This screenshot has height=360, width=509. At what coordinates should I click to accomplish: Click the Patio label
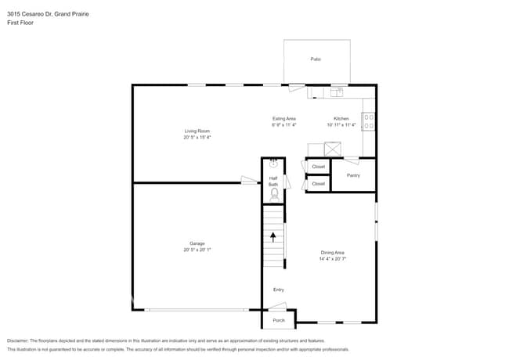pos(316,59)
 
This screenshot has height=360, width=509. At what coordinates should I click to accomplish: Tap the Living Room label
pos(197,131)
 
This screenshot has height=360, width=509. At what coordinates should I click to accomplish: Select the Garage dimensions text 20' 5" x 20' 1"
pos(197,250)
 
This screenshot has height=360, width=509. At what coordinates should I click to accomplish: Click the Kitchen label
pos(341,119)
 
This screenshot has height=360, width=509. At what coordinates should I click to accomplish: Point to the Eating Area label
pos(283,119)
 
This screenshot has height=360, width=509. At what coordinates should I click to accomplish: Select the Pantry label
pos(354,175)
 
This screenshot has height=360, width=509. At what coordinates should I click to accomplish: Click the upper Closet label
pos(318,167)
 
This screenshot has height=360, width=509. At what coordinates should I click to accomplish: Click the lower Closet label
pos(318,184)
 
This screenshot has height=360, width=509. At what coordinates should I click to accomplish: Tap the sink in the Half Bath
pos(273,164)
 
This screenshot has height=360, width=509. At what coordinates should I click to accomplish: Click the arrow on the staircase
pos(273,236)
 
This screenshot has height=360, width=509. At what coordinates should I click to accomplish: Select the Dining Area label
pos(333,253)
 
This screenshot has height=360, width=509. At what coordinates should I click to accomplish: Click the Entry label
pos(278,290)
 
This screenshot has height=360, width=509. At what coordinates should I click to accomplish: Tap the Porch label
pos(278,320)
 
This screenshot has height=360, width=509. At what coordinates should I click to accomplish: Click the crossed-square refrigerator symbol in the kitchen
pos(334,149)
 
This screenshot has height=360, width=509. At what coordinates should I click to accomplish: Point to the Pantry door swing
pos(352,161)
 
